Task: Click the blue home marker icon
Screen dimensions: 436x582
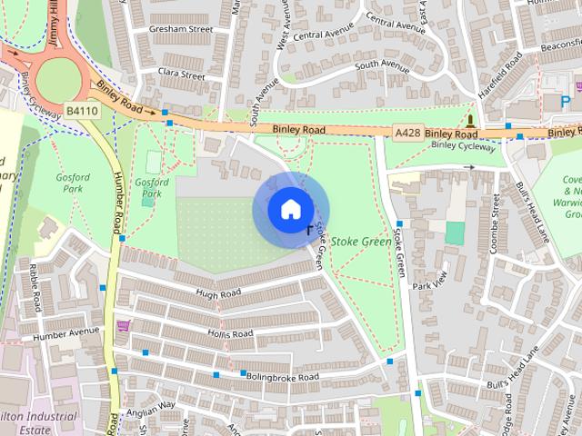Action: click(x=289, y=209)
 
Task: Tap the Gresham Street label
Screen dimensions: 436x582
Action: click(x=182, y=29)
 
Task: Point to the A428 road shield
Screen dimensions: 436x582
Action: click(x=408, y=133)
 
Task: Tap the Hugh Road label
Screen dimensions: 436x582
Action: click(x=217, y=293)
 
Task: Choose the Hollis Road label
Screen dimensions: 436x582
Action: click(x=229, y=334)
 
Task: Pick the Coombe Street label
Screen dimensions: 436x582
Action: click(x=496, y=221)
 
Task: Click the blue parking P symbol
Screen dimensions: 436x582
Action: click(x=566, y=102)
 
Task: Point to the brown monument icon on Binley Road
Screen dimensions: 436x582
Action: click(x=470, y=120)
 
